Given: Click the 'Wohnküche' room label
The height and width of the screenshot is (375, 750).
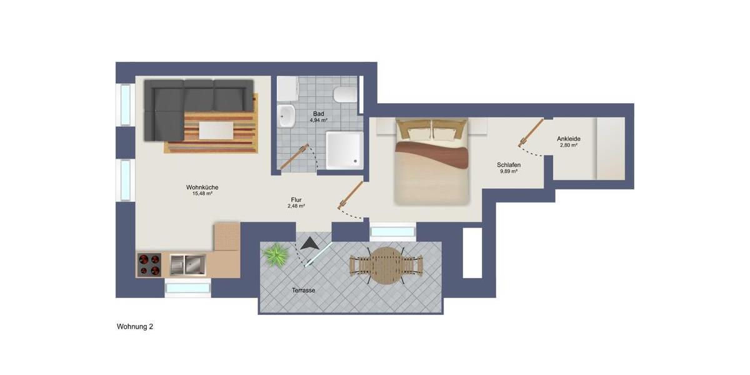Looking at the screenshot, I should tap(202, 187).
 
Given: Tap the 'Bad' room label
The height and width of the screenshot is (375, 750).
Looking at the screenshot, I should tap(319, 113).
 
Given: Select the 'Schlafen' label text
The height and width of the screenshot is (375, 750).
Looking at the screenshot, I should tap(509, 165).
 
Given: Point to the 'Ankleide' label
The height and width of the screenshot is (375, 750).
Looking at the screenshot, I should tap(568, 139).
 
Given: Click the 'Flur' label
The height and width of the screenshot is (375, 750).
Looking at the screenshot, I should tap(296, 200).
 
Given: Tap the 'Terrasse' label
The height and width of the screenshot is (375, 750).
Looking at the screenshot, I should tap(303, 291).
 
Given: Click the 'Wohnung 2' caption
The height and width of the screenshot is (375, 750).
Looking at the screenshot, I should tap(135, 327).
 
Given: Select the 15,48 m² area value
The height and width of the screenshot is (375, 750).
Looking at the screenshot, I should tap(202, 194).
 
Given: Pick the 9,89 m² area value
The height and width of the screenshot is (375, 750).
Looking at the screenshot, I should tap(509, 171).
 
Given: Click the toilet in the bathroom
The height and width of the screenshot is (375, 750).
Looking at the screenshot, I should tap(344, 95).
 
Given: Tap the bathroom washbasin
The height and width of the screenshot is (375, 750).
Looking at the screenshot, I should tap(287, 116).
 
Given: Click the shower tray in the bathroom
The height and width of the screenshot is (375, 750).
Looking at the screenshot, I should tap(344, 150).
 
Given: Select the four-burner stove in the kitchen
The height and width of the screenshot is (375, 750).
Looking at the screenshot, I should tap(149, 264).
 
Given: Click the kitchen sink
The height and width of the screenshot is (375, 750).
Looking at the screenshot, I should tap(187, 264).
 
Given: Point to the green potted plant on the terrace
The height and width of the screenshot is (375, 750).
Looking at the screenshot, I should tap(274, 255).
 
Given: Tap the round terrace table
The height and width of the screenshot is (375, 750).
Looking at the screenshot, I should tap(386, 265).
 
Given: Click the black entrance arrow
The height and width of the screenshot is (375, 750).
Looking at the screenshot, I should tap(308, 243).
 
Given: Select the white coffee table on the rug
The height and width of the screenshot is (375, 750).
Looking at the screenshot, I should tap(216, 131).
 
